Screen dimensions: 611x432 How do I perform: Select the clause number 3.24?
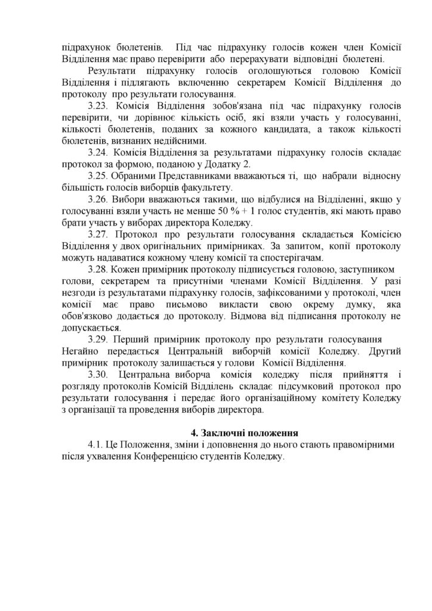(100, 152)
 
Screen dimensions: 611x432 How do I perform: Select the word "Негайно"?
(82, 350)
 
